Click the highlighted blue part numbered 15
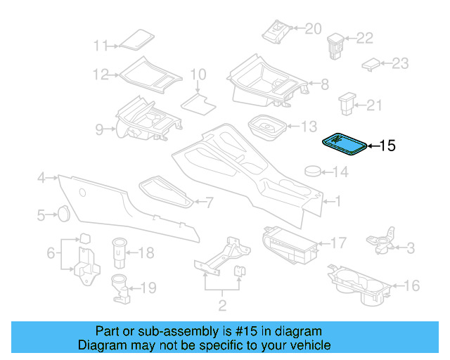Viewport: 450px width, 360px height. [x=344, y=143]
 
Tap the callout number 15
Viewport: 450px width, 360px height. [x=388, y=146]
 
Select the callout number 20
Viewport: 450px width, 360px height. [x=312, y=28]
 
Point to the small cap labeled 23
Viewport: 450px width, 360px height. [x=370, y=65]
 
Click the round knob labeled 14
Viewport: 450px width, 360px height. [x=313, y=171]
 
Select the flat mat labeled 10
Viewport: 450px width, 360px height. [x=198, y=103]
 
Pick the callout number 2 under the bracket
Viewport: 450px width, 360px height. [x=222, y=305]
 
